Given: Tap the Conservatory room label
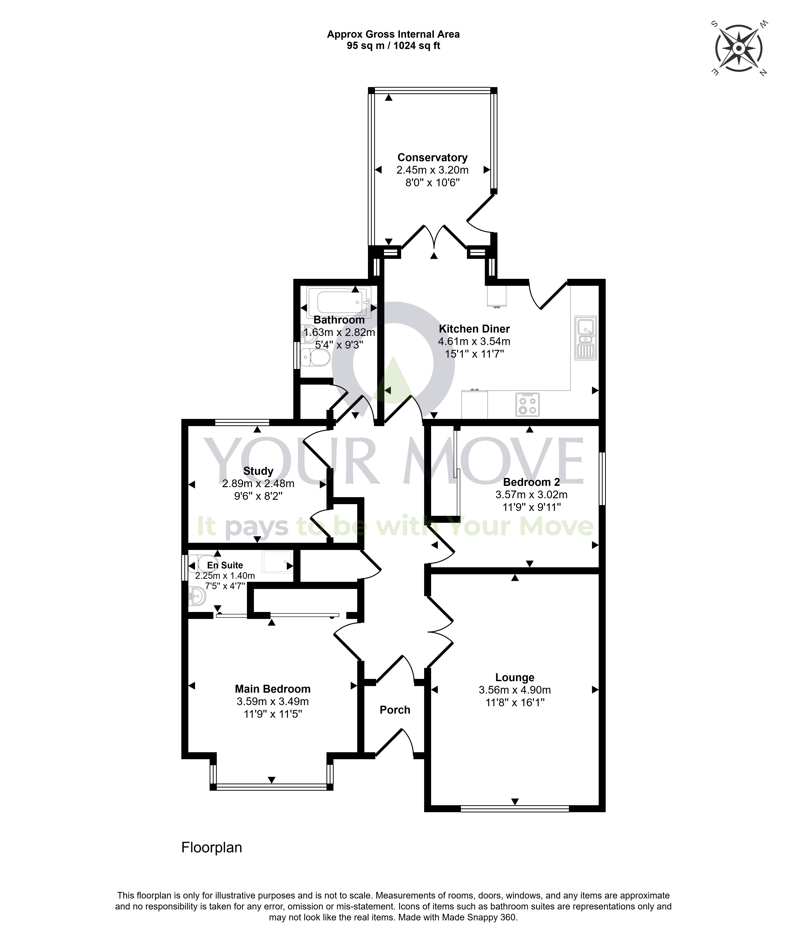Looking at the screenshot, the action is pos(432,157).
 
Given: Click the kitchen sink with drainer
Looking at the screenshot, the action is pos(585,338).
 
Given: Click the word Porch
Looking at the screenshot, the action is pos(395,710).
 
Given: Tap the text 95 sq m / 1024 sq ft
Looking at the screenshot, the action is pos(394,45).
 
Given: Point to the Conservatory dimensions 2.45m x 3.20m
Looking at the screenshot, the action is pos(432,170).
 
